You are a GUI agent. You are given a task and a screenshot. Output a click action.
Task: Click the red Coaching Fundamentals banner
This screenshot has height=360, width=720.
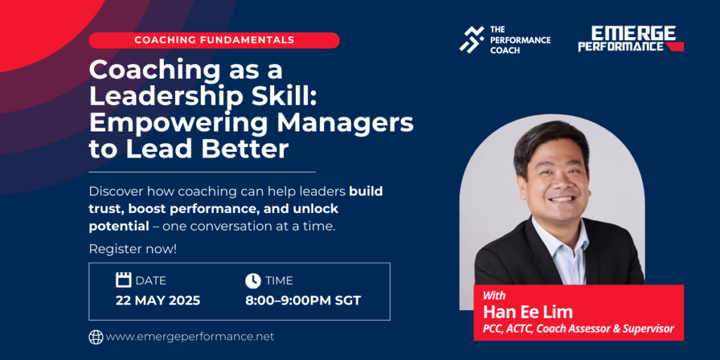tap(214, 40)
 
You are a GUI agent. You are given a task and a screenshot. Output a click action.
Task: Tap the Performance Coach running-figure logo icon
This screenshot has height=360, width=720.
tap(472, 39)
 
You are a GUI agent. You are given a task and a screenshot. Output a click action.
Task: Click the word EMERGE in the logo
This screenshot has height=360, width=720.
tap(633, 33)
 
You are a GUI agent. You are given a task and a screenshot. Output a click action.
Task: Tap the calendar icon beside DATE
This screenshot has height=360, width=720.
tap(124, 280)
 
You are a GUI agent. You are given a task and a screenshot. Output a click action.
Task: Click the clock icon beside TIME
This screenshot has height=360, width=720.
tap(253, 280)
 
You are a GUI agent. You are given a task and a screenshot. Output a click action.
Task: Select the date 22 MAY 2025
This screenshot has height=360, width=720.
tap(157, 301)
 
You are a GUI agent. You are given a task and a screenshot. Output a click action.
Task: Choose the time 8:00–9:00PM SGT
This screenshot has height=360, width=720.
tap(303, 301)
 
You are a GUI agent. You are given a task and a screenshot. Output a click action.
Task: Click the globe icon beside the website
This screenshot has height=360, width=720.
tap(96, 337)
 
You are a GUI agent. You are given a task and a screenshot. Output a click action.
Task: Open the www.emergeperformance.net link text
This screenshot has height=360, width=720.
tap(190, 337)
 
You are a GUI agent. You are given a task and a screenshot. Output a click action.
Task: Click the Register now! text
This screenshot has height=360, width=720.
tap(133, 250)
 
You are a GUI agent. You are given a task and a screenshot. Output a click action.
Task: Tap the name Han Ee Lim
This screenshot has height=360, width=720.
tap(527, 312)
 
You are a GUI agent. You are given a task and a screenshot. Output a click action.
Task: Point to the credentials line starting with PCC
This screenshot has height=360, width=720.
tap(578, 329)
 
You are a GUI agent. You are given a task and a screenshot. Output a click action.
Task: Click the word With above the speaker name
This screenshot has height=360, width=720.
tap(494, 295)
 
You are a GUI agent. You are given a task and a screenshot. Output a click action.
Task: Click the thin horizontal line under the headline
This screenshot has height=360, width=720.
tap(202, 172)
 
